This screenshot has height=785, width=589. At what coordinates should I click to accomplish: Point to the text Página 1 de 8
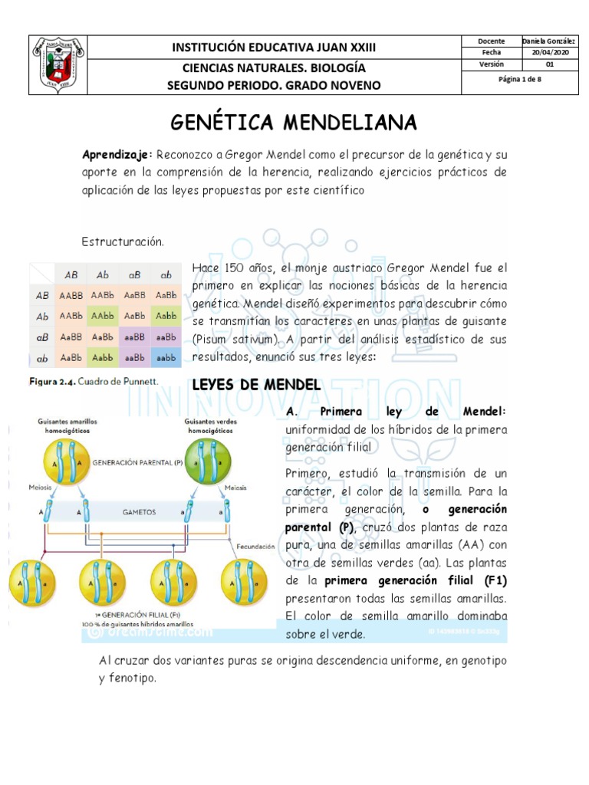coord(520,79)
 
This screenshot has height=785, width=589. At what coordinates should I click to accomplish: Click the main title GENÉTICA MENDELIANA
coord(294,123)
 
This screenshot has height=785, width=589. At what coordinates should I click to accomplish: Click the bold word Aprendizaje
coord(118,154)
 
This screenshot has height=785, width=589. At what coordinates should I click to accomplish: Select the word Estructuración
coord(123,241)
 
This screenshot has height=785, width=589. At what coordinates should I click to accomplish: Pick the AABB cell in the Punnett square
coord(71,295)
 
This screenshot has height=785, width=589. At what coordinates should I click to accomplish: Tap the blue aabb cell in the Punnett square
coord(166,356)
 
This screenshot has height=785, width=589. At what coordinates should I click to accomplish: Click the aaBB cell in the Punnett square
coord(135,337)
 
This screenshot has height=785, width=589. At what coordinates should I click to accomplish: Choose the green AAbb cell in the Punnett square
coord(103,316)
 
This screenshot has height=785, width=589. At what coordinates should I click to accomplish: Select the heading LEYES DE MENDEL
coord(256,385)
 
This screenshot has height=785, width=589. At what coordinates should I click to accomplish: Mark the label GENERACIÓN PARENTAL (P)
coord(137,463)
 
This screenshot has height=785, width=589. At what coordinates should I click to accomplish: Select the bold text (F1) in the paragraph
coord(495,579)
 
